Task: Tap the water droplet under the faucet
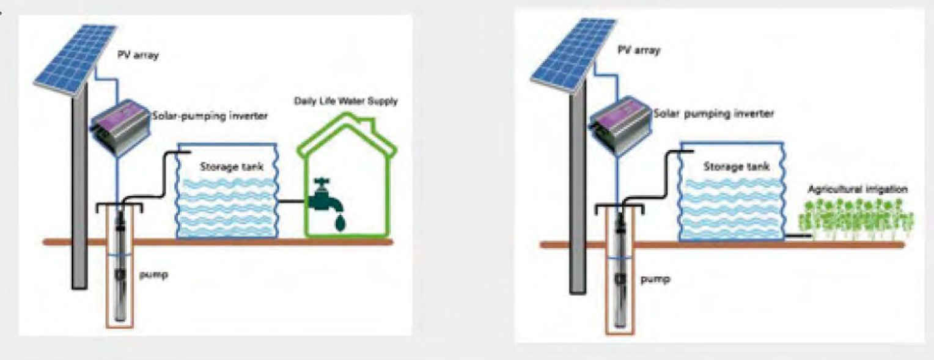pos(340,222)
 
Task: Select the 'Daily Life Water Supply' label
pos(345,101)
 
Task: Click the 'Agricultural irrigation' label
pos(858,189)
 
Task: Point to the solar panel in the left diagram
pos(75,61)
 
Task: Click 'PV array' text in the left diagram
pos(138,54)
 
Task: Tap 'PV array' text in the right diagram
pos(639,50)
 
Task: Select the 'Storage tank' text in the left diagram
pos(232,167)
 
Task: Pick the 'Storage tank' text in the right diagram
pos(737,166)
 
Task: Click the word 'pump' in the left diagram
pos(153,275)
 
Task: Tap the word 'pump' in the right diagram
pos(655,279)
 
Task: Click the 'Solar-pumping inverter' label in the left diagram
pos(209,116)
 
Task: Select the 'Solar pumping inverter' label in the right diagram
pos(713,114)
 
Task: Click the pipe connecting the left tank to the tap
pos(293,202)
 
